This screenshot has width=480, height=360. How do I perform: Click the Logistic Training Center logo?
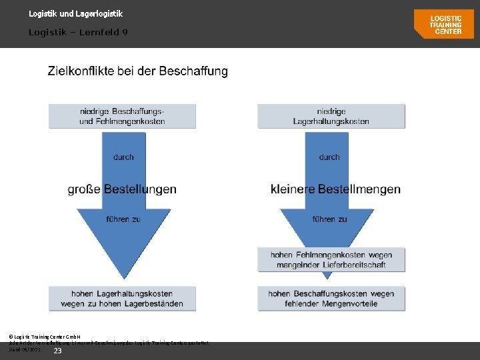443,24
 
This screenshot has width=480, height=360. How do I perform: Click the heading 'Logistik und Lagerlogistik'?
75,13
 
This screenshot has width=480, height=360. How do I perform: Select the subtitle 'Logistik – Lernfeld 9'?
78,32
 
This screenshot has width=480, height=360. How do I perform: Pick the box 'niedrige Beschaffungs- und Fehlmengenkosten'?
122,116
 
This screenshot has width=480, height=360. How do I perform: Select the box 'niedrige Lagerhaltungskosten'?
331,116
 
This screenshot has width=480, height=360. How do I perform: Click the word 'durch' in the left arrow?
123,157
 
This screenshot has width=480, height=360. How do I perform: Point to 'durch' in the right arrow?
329,157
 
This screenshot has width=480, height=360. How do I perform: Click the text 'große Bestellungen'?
122,189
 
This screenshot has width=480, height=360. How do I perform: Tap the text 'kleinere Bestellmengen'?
336,189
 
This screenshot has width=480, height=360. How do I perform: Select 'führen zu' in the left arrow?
123,219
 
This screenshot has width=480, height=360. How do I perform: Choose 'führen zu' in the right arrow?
329,219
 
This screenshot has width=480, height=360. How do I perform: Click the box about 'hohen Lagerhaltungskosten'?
122,299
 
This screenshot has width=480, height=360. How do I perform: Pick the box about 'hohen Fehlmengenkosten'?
331,259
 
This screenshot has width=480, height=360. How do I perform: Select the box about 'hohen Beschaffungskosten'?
331,299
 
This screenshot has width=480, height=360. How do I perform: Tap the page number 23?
57,351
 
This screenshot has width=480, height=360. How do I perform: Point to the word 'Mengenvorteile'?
347,304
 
